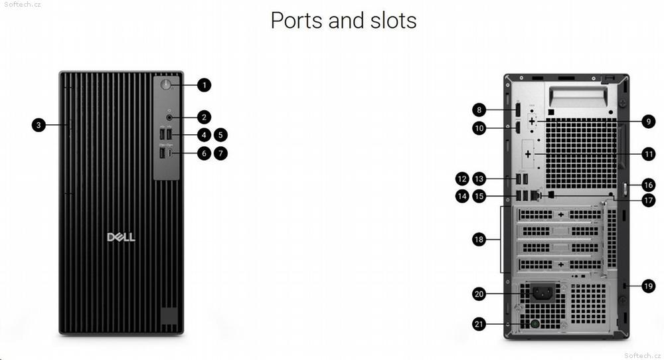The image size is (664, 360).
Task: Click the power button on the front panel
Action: click(x=165, y=85)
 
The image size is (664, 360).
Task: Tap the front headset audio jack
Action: click(x=169, y=118)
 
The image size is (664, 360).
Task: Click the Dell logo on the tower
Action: click(x=121, y=236)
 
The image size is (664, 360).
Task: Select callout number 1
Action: click(x=204, y=85)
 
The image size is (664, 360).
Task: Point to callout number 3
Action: click(x=39, y=125)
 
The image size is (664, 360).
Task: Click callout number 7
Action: click(x=220, y=153)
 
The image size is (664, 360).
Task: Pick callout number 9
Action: click(x=648, y=122)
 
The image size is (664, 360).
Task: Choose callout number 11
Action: click(x=648, y=153)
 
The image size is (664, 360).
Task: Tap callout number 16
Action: click(x=648, y=185)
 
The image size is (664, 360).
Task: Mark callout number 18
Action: click(x=479, y=239)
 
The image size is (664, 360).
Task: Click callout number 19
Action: click(x=648, y=286)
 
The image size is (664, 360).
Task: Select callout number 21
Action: click(x=479, y=324)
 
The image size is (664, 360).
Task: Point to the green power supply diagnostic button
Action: click(x=535, y=324)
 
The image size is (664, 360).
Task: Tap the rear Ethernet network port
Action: click(x=536, y=195)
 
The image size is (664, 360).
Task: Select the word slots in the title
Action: click(x=393, y=21)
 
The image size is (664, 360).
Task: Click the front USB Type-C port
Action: click(x=170, y=153)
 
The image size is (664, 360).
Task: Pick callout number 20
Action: click(x=479, y=294)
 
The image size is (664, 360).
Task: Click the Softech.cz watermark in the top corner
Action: click(x=21, y=4)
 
